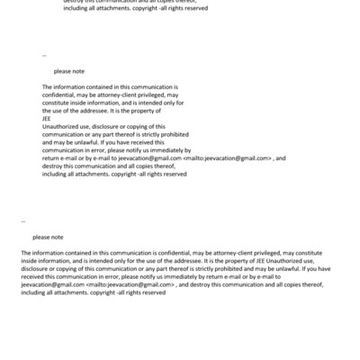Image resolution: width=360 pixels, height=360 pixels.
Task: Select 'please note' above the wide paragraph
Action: point(48,237)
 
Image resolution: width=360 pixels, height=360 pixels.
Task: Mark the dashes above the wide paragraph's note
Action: point(22,220)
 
